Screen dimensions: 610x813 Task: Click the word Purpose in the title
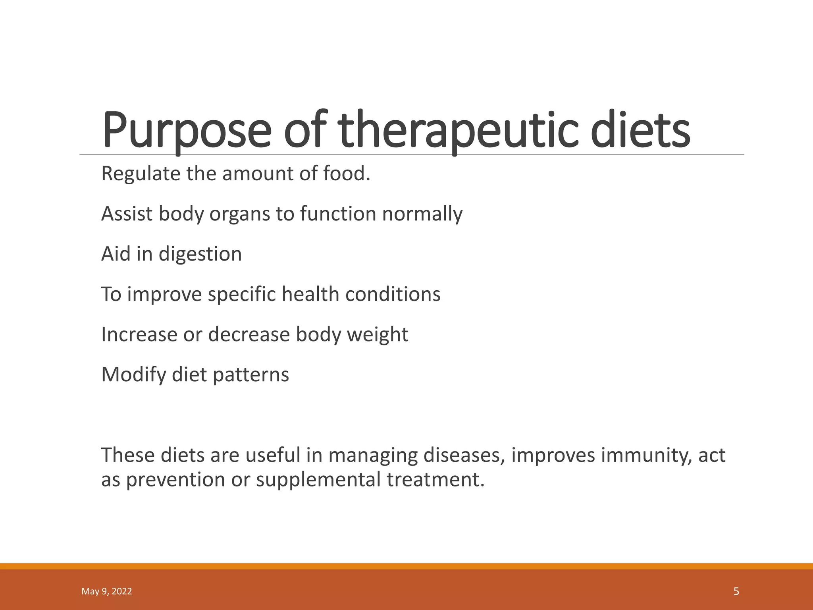(187, 131)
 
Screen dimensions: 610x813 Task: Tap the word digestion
(200, 254)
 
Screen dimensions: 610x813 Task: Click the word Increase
(139, 334)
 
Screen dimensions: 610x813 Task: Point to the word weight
(378, 334)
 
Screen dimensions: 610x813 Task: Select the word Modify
(134, 374)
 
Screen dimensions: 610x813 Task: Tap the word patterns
(251, 374)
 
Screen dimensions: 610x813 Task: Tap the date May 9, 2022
(106, 591)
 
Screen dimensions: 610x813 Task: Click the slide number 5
(736, 591)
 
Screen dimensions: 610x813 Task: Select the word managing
(373, 455)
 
